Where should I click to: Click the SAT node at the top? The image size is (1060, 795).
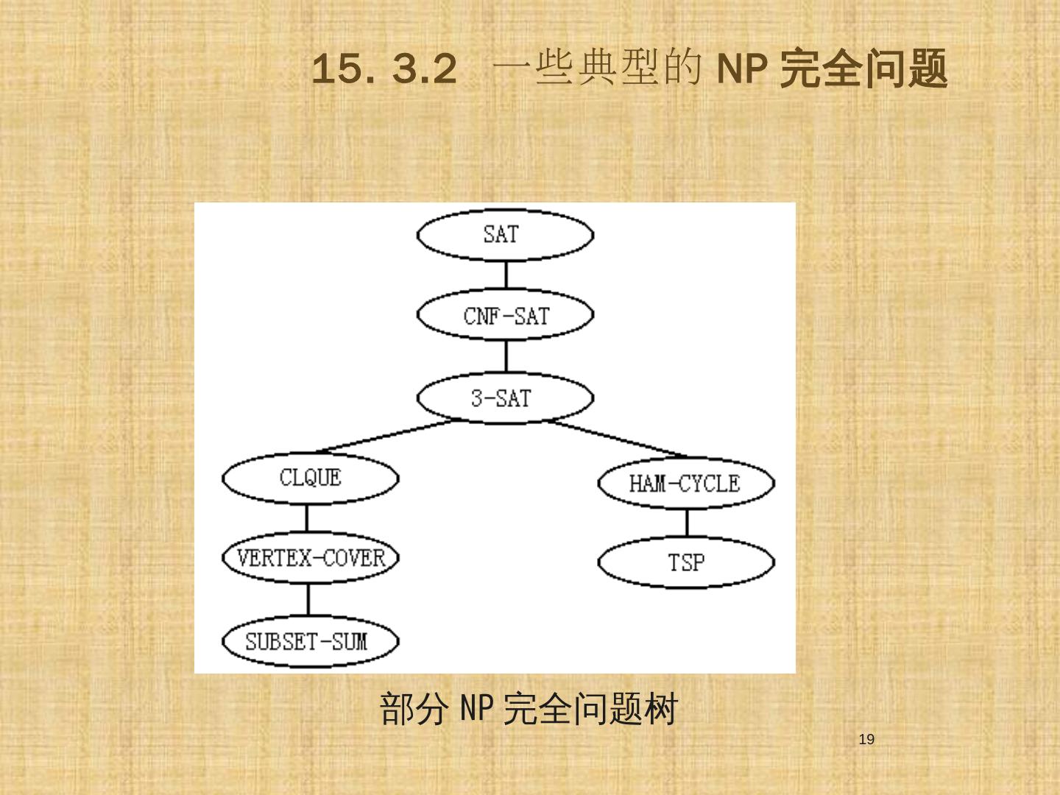click(505, 236)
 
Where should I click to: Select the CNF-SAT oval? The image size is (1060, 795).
click(505, 317)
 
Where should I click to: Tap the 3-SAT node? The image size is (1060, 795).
click(505, 398)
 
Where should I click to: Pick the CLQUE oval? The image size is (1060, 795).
click(310, 478)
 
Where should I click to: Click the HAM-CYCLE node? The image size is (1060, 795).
click(685, 484)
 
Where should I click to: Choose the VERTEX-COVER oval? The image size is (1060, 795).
click(310, 558)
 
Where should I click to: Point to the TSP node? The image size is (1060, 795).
click(685, 563)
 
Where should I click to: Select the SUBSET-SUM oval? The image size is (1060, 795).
click(310, 642)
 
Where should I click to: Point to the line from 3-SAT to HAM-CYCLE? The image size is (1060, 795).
click(618, 439)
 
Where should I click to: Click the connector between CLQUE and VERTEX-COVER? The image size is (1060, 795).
click(307, 518)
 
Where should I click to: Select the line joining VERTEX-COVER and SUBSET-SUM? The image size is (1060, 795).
click(308, 599)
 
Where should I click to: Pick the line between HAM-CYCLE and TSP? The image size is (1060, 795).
click(687, 523)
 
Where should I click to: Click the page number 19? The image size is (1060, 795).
click(866, 740)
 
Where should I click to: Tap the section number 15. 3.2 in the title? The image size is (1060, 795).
click(384, 70)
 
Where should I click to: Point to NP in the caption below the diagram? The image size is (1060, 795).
click(476, 709)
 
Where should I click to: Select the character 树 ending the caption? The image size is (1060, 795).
click(660, 709)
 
